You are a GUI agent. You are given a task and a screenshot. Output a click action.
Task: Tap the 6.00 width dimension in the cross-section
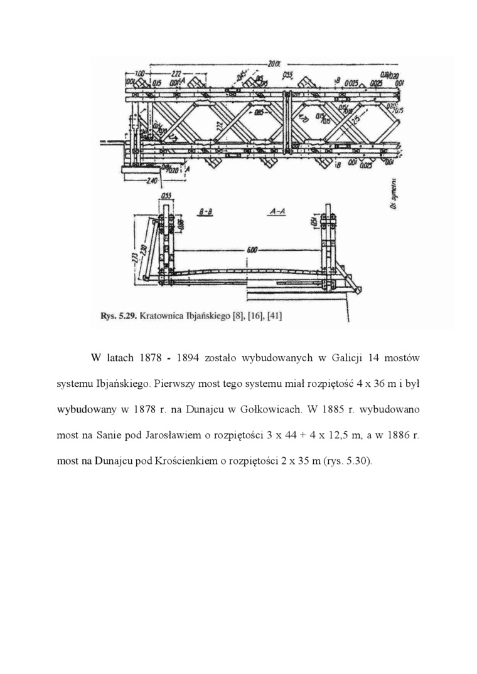[252, 250]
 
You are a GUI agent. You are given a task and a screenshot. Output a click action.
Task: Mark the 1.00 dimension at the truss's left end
[139, 73]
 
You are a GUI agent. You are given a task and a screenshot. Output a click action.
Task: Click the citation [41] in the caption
[274, 317]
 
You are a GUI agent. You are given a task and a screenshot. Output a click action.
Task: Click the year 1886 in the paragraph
[395, 434]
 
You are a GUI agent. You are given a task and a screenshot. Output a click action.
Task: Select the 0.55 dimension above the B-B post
[166, 196]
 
